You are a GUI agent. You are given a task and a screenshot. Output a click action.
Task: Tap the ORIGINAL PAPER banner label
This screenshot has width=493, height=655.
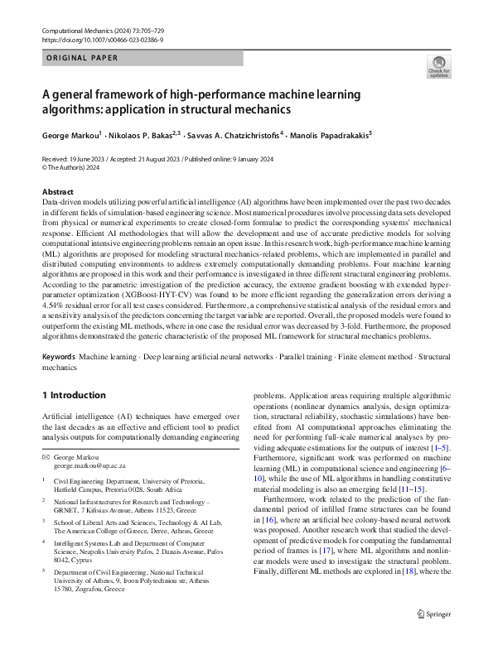point(82,58)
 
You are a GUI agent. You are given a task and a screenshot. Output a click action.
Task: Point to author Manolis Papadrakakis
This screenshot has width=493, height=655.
point(336,133)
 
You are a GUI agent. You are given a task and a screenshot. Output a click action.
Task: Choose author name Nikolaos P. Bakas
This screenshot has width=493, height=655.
point(143,133)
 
